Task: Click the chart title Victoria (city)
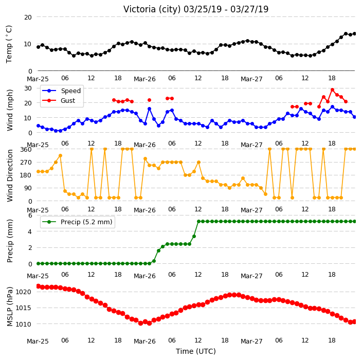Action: [x=152, y=9]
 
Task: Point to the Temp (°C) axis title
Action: [x=9, y=44]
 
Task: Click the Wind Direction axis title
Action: [x=9, y=175]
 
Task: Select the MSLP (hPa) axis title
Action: [x=9, y=307]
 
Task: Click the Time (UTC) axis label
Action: [x=196, y=351]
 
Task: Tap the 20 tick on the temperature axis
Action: [x=28, y=17]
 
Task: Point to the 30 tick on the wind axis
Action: [x=28, y=88]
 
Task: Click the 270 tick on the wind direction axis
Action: [x=26, y=163]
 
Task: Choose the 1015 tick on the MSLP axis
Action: [x=23, y=308]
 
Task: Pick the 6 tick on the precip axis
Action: [x=30, y=215]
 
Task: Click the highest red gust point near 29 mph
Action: [x=333, y=90]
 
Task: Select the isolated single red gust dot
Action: [x=149, y=100]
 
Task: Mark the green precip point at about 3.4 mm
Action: [x=194, y=236]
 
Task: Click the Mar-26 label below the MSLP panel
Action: [x=145, y=341]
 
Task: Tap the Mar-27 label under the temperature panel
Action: [x=251, y=79]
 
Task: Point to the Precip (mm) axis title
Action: [x=9, y=241]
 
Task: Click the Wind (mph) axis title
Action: [x=9, y=110]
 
